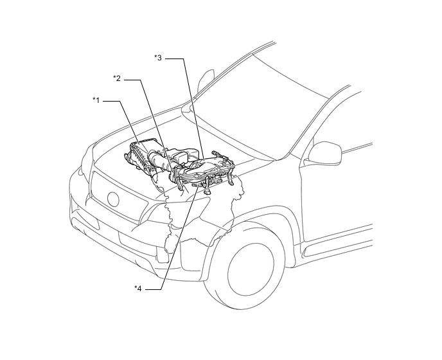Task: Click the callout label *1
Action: pyautogui.click(x=96, y=100)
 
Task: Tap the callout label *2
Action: pyautogui.click(x=117, y=78)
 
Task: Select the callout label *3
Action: pyautogui.click(x=158, y=58)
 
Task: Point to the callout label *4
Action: pyautogui.click(x=138, y=289)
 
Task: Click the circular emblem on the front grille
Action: pyautogui.click(x=113, y=199)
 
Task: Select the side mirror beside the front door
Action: pyautogui.click(x=325, y=152)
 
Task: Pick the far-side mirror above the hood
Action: pyautogui.click(x=206, y=80)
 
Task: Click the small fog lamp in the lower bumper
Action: pyautogui.click(x=163, y=255)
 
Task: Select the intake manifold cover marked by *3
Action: pyautogui.click(x=203, y=166)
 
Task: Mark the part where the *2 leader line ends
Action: pyautogui.click(x=173, y=171)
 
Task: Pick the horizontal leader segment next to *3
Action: pyautogui.click(x=174, y=59)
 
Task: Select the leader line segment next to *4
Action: pyautogui.click(x=153, y=289)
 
